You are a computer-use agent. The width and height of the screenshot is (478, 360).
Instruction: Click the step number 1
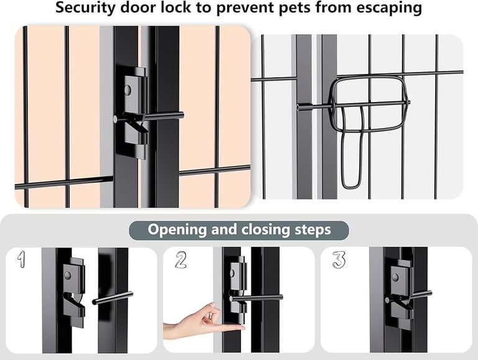point(22,259)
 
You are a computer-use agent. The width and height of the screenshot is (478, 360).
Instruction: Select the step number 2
point(180,259)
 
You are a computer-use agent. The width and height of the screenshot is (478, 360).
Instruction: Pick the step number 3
point(339,259)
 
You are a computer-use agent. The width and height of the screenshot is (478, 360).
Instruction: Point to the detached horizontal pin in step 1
point(113,298)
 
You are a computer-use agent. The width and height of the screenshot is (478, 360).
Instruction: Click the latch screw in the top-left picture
point(128,90)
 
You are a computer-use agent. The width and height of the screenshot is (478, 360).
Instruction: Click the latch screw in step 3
point(395,277)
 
